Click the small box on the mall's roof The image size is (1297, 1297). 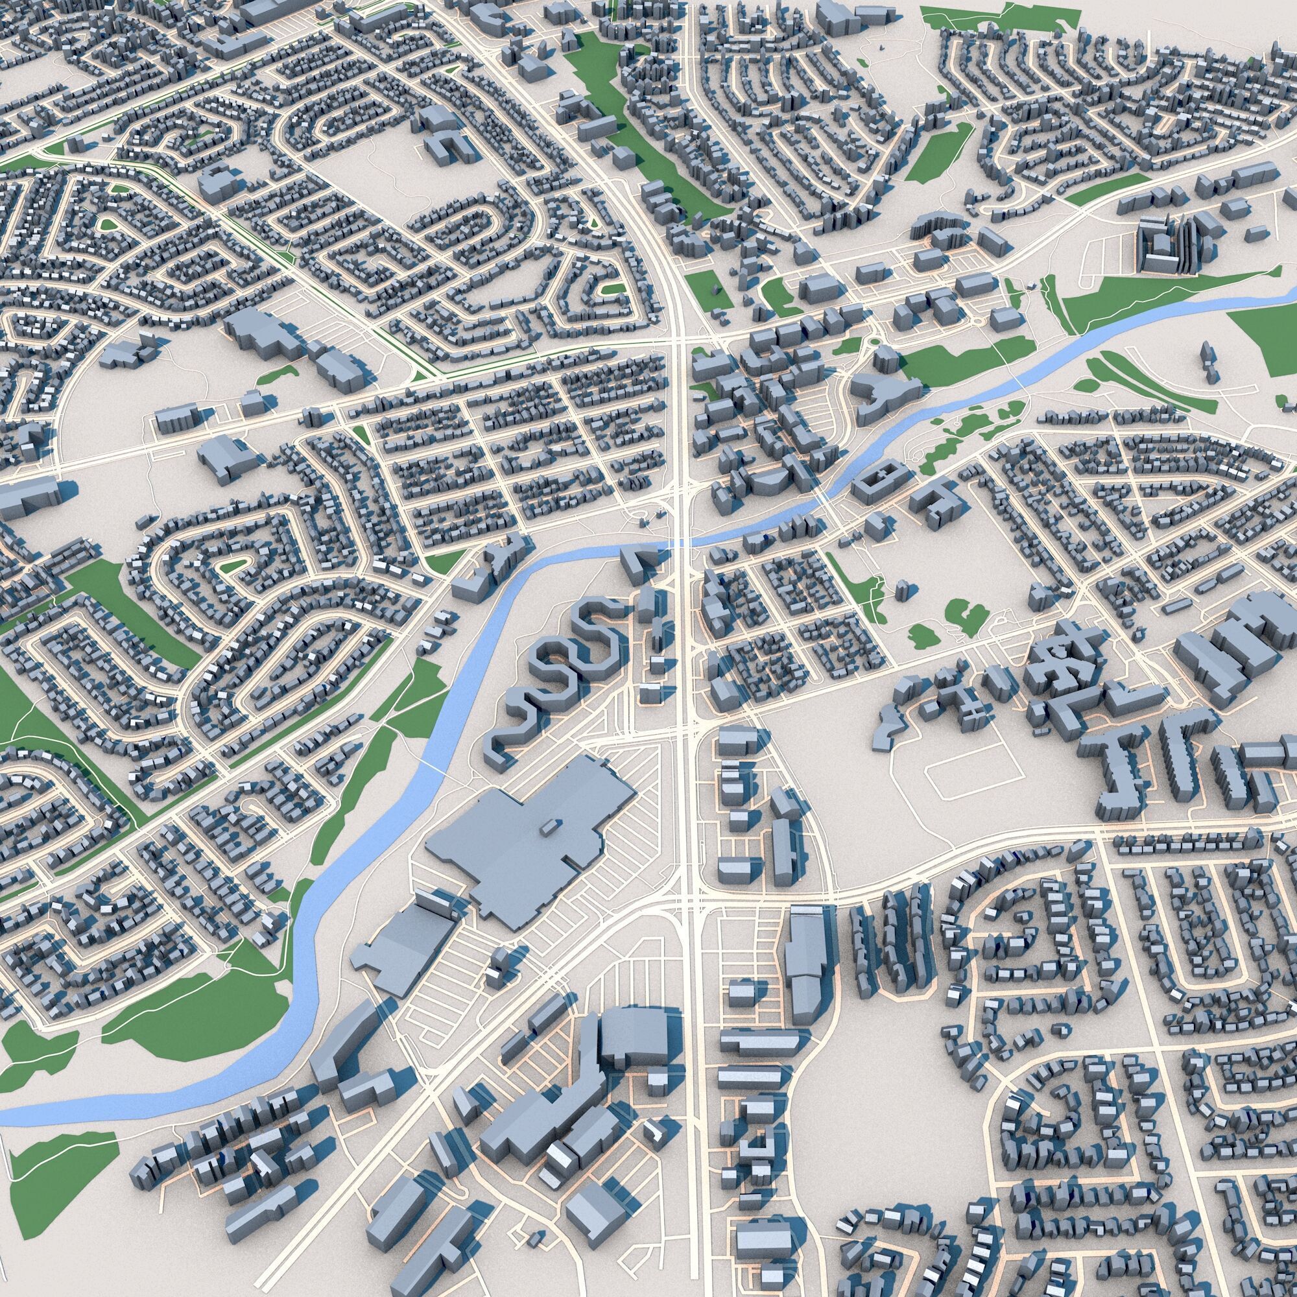click(549, 826)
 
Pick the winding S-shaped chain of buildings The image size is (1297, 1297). click(551, 678)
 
